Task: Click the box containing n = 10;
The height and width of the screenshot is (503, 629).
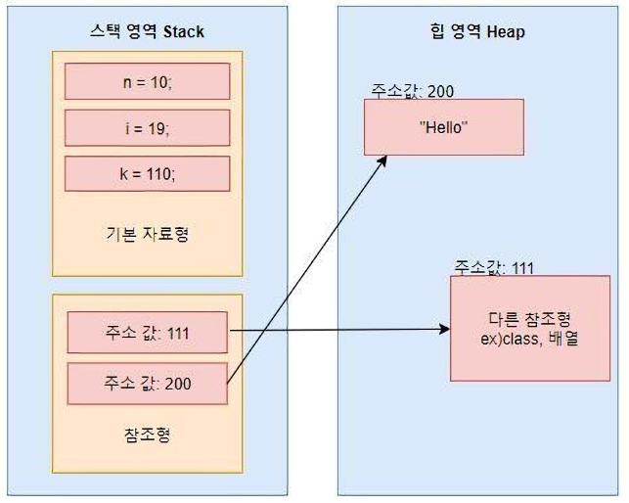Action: tap(147, 81)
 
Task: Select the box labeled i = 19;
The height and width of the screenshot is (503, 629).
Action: tap(147, 127)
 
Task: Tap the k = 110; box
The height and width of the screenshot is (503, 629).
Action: tap(147, 173)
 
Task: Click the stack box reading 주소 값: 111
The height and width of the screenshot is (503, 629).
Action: tap(147, 333)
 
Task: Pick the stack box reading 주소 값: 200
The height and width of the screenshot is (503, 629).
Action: tap(147, 384)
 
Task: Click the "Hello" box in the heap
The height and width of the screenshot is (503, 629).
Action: tap(444, 127)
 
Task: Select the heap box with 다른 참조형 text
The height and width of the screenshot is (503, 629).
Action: tap(530, 328)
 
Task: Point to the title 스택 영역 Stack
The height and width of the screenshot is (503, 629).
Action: tap(147, 31)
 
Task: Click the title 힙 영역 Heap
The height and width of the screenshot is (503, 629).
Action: tap(477, 31)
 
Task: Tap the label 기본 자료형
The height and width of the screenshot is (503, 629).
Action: tap(147, 234)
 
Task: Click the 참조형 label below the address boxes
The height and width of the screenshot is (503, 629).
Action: tap(147, 434)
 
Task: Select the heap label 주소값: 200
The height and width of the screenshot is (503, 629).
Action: tap(412, 91)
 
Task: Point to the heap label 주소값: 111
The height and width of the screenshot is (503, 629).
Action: tap(494, 268)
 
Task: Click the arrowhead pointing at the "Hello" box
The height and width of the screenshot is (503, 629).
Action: tap(382, 160)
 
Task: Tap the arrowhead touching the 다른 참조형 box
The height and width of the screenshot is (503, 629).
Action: tap(444, 329)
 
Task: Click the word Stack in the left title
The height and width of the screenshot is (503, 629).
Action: tap(184, 31)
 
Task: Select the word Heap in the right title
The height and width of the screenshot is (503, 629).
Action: tap(506, 31)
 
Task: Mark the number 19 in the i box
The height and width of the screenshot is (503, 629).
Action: tap(156, 128)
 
